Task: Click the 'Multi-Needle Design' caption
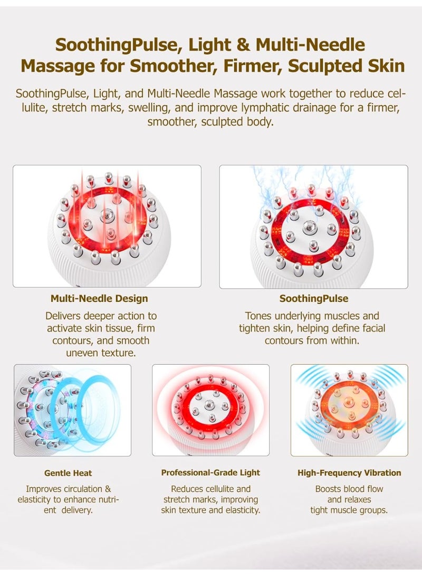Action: tap(99, 299)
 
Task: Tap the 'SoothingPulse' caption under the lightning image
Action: tap(313, 299)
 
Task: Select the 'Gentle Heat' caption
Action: tap(68, 473)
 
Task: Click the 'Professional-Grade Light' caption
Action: tap(210, 473)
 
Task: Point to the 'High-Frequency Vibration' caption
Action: tap(349, 473)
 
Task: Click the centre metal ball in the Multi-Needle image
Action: tap(108, 213)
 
